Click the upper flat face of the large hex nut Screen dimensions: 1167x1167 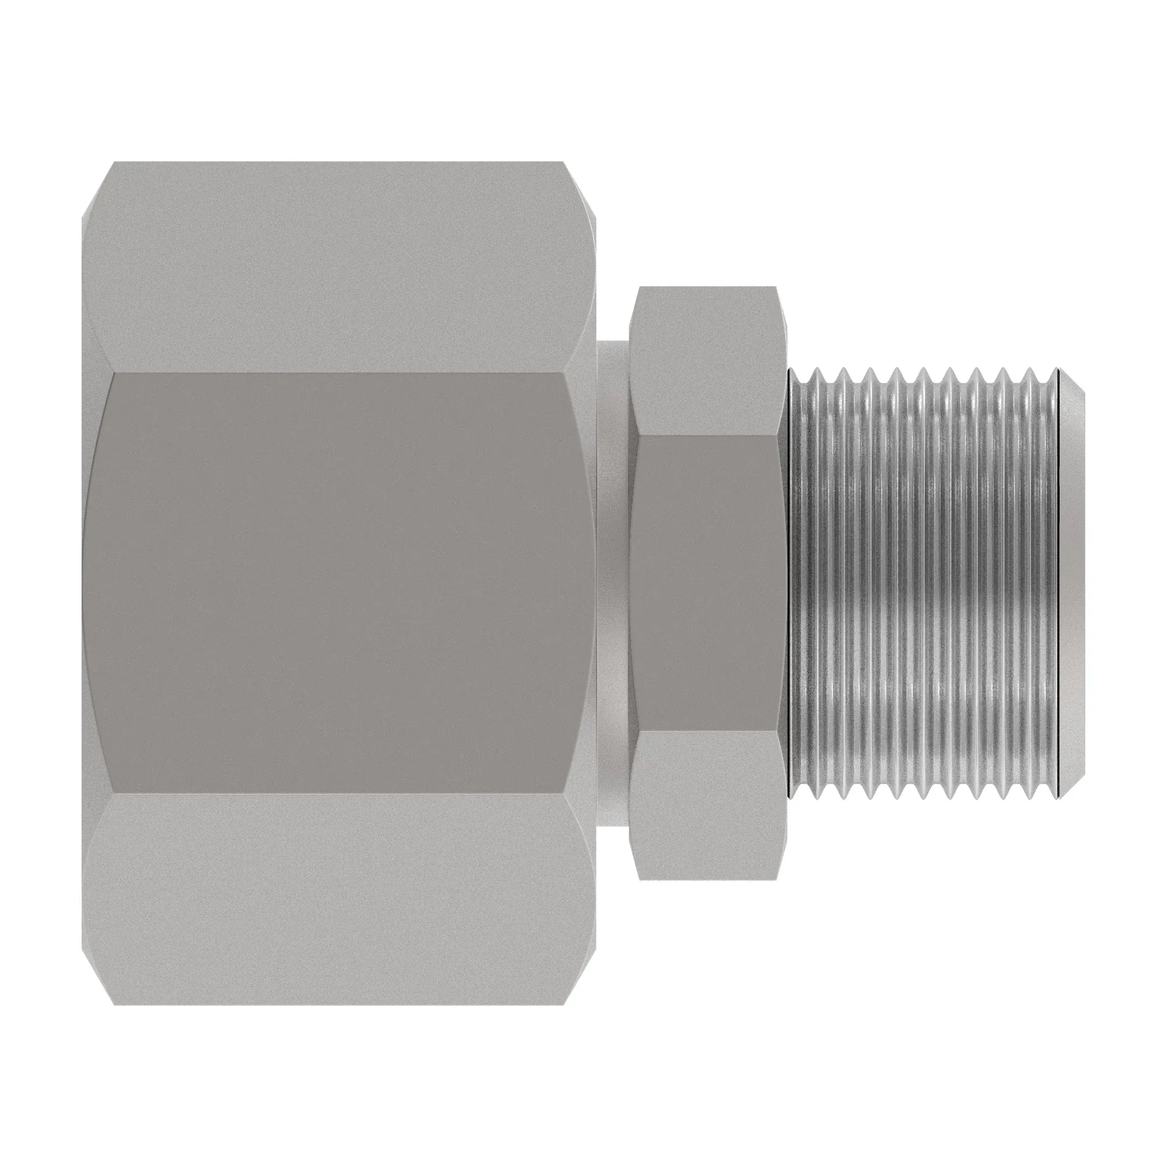338,265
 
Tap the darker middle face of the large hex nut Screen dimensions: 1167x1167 338,583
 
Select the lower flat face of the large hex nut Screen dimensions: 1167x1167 338,900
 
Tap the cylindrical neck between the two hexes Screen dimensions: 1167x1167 613,583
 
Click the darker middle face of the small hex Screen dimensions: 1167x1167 707,583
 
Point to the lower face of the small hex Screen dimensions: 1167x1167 707,806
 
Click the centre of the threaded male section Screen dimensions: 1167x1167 924,583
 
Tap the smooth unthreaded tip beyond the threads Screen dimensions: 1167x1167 1072,583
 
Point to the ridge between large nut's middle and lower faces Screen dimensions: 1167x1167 338,794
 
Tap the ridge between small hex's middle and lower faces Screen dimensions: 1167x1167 707,731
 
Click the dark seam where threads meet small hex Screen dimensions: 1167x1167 789,583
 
